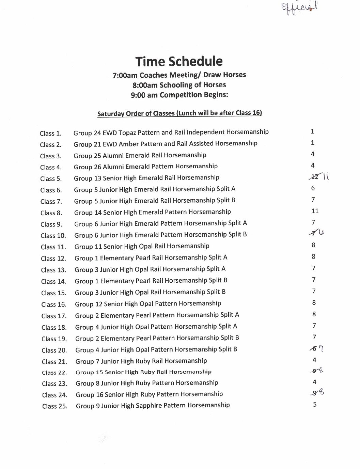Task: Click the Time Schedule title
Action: tap(179, 61)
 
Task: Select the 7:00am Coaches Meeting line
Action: tap(179, 75)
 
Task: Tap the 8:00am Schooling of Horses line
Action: tap(179, 85)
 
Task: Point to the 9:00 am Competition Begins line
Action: tap(179, 95)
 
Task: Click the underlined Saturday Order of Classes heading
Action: tap(179, 113)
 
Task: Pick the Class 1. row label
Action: tap(50, 134)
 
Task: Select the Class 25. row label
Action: tap(54, 406)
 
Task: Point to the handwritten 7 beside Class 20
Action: tap(321, 349)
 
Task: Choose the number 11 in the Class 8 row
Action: tap(315, 211)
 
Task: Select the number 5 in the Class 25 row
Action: tap(315, 405)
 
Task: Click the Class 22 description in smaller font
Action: tap(143, 372)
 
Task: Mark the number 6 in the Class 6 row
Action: tap(313, 188)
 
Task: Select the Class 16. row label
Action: tap(53, 304)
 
